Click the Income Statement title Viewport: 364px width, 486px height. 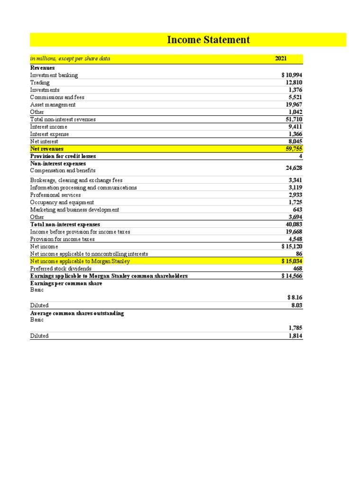(x=208, y=40)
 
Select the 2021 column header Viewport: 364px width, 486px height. (x=281, y=59)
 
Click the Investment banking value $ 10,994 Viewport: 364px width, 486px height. (x=291, y=75)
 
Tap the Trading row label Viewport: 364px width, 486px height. (x=40, y=83)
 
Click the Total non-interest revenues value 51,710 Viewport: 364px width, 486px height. (x=293, y=119)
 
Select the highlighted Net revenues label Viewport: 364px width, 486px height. (x=46, y=149)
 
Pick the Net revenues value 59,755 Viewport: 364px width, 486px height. (x=293, y=149)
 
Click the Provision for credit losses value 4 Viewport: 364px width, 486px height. (x=300, y=156)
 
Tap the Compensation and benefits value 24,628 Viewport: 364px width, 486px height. (x=293, y=168)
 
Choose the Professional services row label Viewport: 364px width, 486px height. (x=55, y=195)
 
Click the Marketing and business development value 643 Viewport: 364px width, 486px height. (x=297, y=209)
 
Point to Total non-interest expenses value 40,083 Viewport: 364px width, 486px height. (x=293, y=224)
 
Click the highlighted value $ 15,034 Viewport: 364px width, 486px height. (x=291, y=261)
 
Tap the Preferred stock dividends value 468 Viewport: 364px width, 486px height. (x=297, y=268)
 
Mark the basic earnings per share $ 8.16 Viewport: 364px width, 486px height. (x=294, y=297)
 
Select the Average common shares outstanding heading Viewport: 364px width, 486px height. (x=77, y=314)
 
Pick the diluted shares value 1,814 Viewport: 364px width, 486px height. (x=295, y=336)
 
